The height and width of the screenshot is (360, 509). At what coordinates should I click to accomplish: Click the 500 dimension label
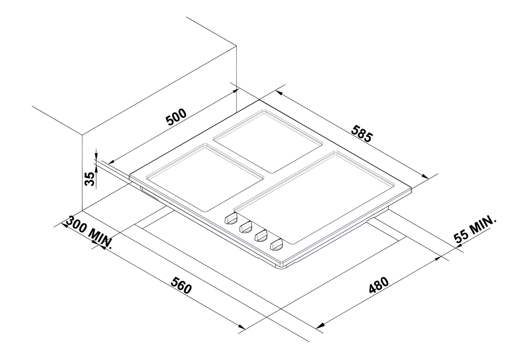click(x=176, y=117)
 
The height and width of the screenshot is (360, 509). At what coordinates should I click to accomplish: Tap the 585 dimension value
click(x=361, y=133)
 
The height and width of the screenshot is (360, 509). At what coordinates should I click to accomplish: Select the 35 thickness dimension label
click(x=90, y=179)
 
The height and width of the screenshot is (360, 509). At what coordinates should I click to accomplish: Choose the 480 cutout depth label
click(x=378, y=285)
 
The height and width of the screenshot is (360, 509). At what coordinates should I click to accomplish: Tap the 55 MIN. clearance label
click(x=475, y=229)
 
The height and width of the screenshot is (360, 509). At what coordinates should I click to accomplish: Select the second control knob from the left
click(x=246, y=227)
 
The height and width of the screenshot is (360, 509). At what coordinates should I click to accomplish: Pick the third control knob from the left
click(x=261, y=236)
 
